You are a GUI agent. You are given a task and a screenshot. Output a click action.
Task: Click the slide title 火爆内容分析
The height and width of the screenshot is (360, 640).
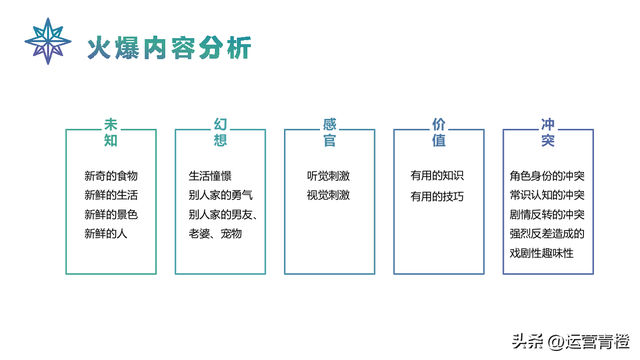pyautogui.click(x=167, y=47)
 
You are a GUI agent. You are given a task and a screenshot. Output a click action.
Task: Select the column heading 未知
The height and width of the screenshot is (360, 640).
pyautogui.click(x=110, y=133)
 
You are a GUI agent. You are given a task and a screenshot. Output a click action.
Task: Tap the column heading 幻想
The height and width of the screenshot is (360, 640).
pyautogui.click(x=221, y=133)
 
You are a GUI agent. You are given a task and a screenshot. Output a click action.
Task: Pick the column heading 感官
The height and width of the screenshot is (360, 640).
pyautogui.click(x=330, y=133)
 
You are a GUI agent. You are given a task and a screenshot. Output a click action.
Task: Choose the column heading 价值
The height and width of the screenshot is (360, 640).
pyautogui.click(x=438, y=133)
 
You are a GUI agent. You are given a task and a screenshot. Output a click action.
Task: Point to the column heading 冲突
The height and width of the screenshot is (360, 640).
pyautogui.click(x=548, y=133)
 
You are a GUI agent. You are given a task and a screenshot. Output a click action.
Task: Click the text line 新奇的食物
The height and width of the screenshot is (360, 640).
pyautogui.click(x=110, y=176)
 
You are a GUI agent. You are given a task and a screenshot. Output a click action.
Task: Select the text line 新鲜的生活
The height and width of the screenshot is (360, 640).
pyautogui.click(x=110, y=195)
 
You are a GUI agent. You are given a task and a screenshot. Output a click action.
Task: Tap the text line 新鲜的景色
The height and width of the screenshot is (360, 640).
pyautogui.click(x=110, y=215)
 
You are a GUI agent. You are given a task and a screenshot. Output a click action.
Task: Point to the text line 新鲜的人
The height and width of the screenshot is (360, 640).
pyautogui.click(x=105, y=234)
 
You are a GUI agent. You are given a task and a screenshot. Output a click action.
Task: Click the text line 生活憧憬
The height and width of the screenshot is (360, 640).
pyautogui.click(x=210, y=176)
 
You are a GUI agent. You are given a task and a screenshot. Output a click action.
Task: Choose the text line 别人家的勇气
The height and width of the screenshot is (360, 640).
pyautogui.click(x=221, y=195)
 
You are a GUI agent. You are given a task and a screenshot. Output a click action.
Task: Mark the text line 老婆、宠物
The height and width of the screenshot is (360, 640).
pyautogui.click(x=215, y=234)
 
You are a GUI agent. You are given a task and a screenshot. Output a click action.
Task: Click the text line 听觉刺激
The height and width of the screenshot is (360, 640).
pyautogui.click(x=328, y=176)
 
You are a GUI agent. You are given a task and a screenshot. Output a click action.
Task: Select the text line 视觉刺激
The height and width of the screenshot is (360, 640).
pyautogui.click(x=328, y=195)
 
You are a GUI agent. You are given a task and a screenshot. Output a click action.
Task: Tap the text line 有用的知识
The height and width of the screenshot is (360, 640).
pyautogui.click(x=437, y=176)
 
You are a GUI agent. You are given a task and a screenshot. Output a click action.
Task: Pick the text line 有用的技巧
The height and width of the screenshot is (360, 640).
pyautogui.click(x=437, y=195)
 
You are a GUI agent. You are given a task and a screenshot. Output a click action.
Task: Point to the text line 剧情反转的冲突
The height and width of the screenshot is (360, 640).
pyautogui.click(x=547, y=215)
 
